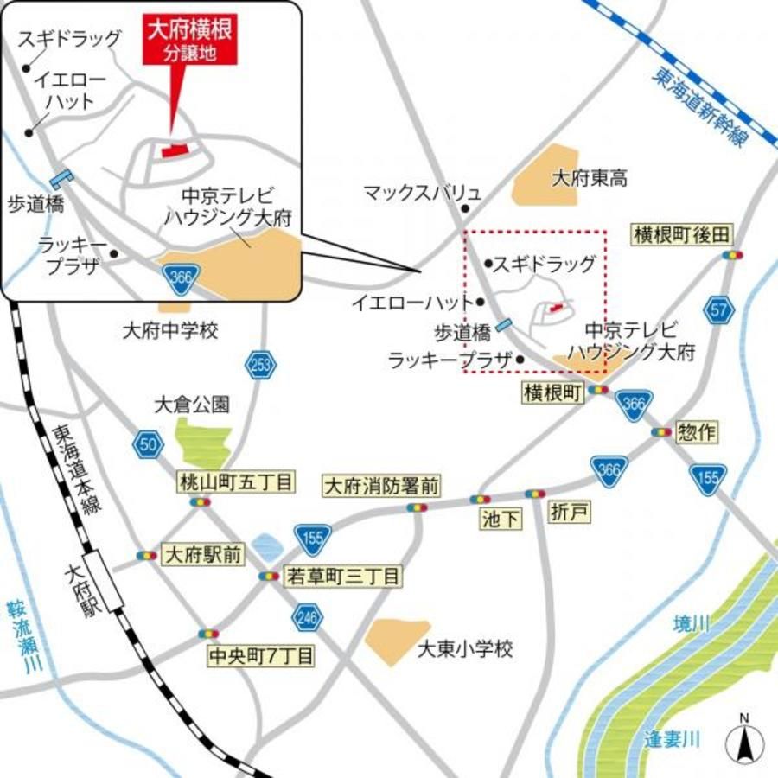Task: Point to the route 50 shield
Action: click(149, 444)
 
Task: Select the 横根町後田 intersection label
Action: click(682, 234)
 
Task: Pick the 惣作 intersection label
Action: click(697, 432)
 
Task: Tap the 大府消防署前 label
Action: click(381, 486)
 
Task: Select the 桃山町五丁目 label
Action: click(236, 481)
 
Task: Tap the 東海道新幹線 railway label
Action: click(700, 108)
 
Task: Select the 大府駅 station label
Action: click(77, 587)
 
